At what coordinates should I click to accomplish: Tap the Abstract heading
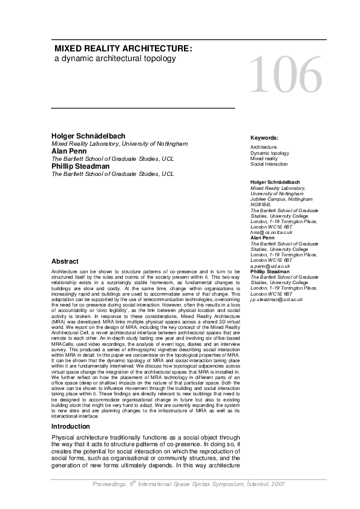[65, 261]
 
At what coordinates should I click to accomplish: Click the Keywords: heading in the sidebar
[264, 138]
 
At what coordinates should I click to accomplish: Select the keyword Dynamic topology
[270, 153]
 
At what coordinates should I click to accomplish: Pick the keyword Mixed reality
[264, 158]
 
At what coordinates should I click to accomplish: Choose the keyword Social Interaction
[269, 164]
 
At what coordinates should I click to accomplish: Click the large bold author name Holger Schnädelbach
[88, 136]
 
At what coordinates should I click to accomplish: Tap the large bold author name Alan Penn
[69, 151]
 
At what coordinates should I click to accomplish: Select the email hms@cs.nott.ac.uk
[271, 232]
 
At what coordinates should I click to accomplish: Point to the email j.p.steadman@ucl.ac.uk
[276, 299]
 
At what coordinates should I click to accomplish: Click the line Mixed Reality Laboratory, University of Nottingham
[120, 144]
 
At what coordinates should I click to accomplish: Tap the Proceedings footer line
[189, 484]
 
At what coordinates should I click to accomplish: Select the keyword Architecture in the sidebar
[264, 147]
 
